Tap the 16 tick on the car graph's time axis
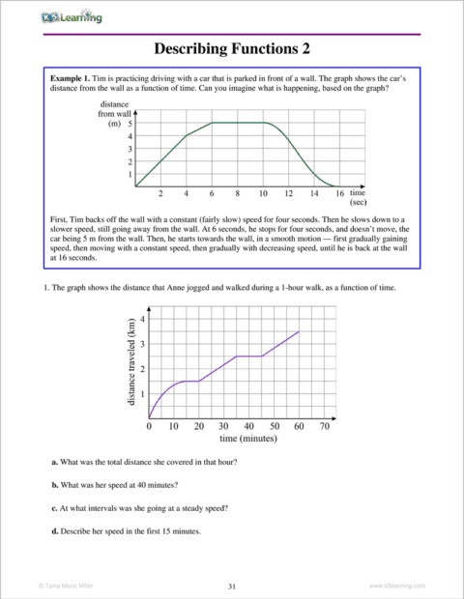336,193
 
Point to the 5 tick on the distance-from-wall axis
130,123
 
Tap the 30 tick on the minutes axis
223,426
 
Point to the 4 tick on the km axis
142,319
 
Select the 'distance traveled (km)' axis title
131,361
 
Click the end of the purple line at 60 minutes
299,331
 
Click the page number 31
232,585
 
